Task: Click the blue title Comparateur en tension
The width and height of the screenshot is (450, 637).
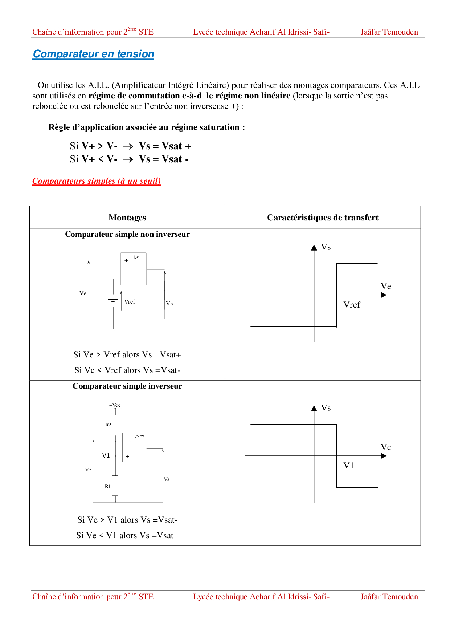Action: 93,54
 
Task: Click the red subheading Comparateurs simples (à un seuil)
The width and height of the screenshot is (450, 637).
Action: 97,181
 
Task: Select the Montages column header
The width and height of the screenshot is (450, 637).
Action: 127,218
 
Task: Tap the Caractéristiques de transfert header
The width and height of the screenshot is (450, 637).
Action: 323,218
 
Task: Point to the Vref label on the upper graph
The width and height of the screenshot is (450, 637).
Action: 352,305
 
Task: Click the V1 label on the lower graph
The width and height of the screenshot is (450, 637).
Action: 349,466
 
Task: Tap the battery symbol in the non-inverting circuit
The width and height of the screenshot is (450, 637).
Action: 113,300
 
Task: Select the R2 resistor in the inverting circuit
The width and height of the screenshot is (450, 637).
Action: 115,425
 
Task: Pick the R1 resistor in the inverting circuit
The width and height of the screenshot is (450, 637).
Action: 115,486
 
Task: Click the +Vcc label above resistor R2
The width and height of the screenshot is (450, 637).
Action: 115,405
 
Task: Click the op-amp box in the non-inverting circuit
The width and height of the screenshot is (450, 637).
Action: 134,269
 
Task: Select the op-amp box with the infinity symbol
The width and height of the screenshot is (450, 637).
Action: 134,447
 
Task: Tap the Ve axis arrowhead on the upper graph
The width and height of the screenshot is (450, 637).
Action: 384,295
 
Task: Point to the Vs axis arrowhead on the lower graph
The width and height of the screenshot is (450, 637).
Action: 314,408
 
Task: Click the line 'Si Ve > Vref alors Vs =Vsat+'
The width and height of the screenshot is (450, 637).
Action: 127,354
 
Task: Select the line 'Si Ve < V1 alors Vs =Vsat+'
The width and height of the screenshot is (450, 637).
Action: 127,535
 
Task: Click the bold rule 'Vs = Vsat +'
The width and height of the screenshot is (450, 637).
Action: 165,146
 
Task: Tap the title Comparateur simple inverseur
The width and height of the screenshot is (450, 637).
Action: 127,386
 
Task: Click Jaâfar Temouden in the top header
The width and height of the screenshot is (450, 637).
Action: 389,32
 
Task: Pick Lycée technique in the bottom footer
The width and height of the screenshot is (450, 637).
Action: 220,597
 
